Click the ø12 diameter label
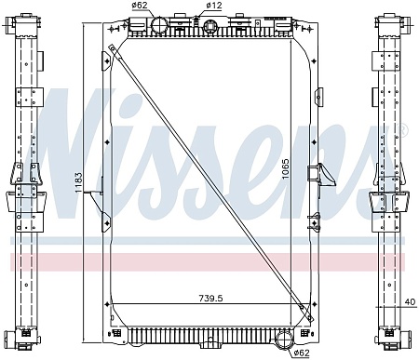[x=215, y=7]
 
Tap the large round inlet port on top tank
[x=156, y=25]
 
